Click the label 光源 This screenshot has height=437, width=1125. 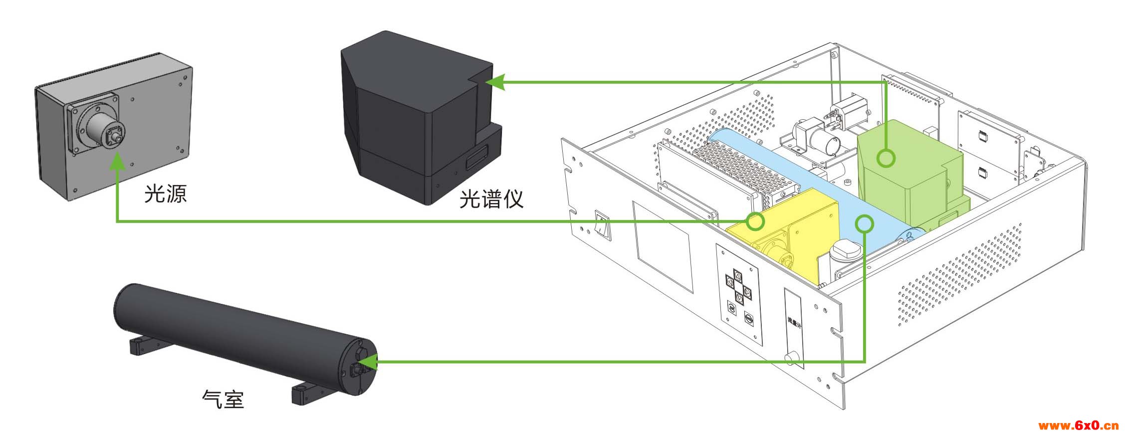click(x=166, y=194)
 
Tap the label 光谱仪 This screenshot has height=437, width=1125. click(x=491, y=199)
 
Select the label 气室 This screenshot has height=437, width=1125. click(x=223, y=399)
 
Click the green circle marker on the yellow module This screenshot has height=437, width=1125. click(x=755, y=220)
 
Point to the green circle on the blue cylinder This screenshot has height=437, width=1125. click(x=864, y=223)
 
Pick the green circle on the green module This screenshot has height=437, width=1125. click(x=886, y=159)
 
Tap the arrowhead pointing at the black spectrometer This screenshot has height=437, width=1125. click(x=496, y=82)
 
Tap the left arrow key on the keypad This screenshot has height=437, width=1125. click(x=730, y=283)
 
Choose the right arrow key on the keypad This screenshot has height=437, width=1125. click(x=747, y=291)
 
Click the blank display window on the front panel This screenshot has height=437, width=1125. click(x=663, y=246)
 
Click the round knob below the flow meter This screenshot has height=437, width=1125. click(x=790, y=358)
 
